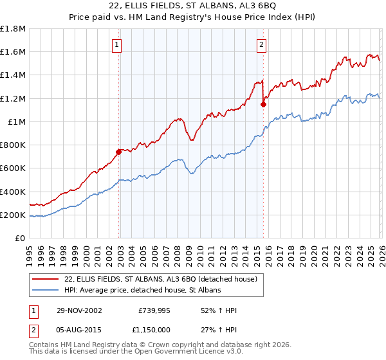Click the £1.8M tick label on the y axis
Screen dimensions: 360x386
click(x=13, y=29)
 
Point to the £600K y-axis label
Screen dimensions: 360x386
click(x=13, y=168)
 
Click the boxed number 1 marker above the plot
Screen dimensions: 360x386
click(x=117, y=44)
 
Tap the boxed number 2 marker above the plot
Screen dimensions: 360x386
click(x=262, y=44)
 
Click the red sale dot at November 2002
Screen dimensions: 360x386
click(x=119, y=152)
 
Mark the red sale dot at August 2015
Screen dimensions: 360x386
click(x=263, y=104)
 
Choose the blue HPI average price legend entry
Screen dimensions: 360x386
click(x=142, y=291)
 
